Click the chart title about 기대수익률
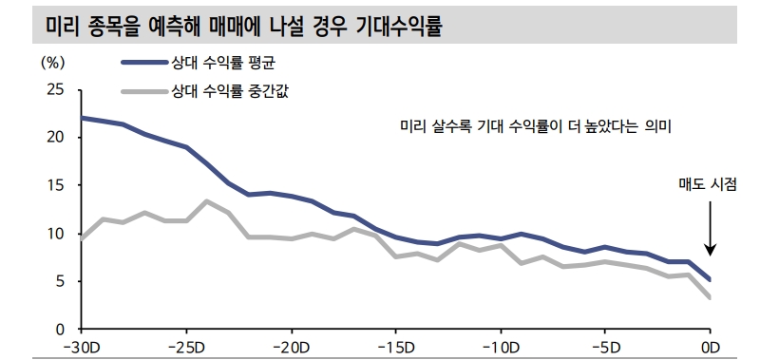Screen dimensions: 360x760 (x=246, y=26)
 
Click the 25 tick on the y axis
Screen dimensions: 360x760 (x=55, y=90)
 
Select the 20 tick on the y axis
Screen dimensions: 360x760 (x=55, y=138)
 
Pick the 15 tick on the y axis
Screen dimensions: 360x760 (x=55, y=186)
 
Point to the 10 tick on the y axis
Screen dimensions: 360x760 (x=55, y=234)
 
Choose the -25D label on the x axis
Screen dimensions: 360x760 (x=186, y=345)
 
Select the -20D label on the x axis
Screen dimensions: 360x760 (x=291, y=345)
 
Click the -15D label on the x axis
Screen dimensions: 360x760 (x=395, y=345)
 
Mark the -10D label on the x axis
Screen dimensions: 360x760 (x=500, y=345)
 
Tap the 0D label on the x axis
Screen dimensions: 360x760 (x=709, y=345)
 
